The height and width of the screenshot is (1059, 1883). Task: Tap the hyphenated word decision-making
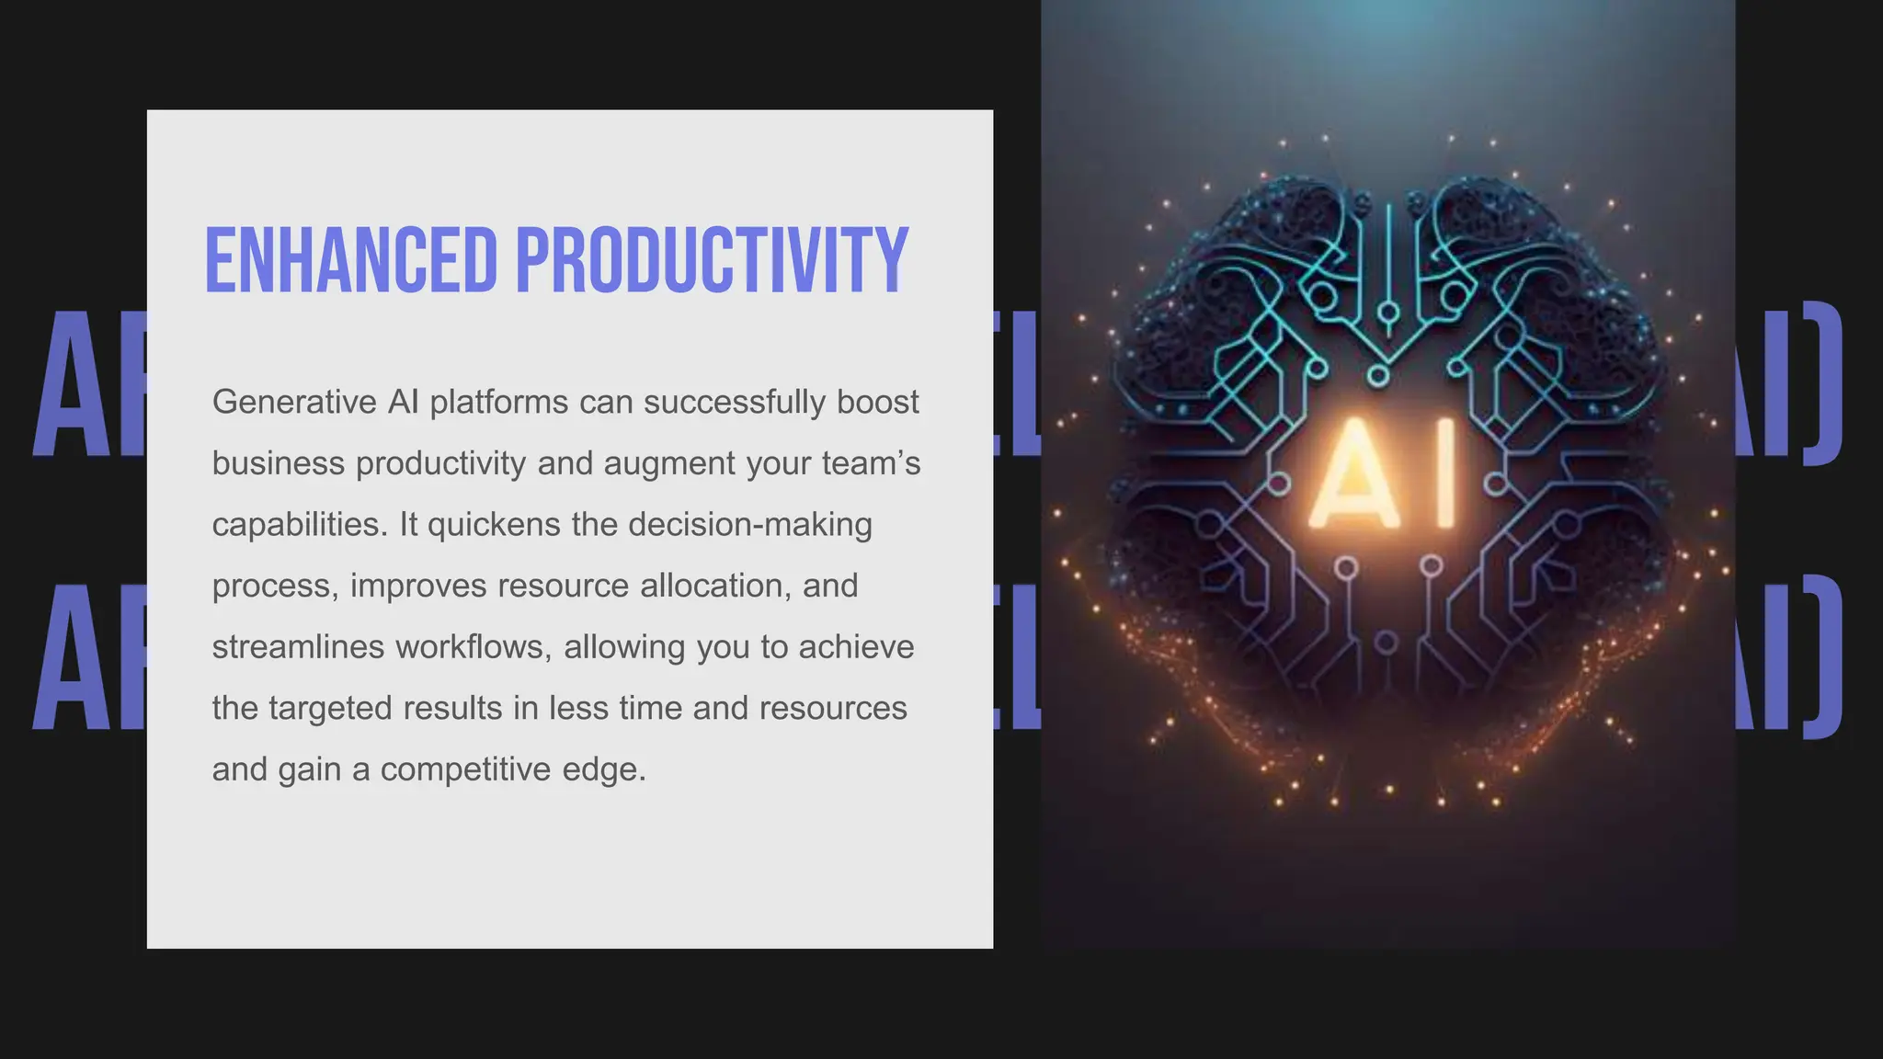(x=750, y=524)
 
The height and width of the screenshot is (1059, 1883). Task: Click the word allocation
(x=715, y=586)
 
